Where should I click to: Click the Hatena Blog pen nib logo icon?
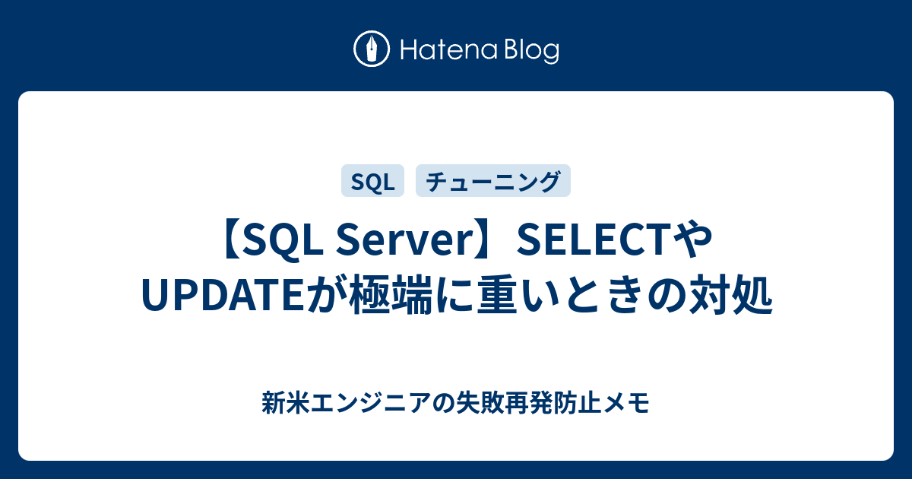(372, 49)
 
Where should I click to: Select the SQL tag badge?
(372, 181)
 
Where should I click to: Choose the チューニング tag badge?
(493, 181)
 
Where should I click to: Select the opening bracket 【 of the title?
(232, 240)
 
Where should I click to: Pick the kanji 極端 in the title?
(391, 295)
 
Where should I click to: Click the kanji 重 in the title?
(498, 295)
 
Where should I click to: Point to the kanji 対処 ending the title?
(730, 295)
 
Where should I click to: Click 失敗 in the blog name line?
(480, 403)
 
